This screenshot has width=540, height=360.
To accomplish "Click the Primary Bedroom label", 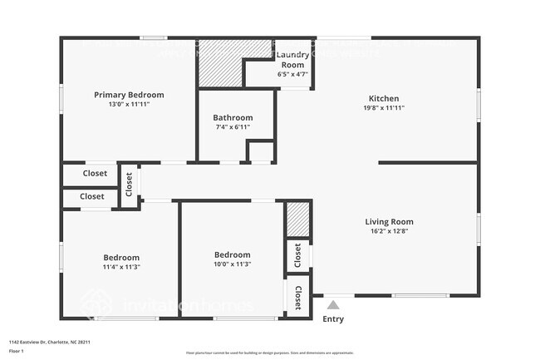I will point(129,95).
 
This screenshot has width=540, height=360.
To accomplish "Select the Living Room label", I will point(389,222).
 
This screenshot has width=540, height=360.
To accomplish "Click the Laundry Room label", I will point(292,60).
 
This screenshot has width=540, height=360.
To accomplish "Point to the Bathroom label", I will point(233,117).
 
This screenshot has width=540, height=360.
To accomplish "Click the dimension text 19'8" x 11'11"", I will point(384,108).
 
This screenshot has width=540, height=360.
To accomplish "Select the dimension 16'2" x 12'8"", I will point(389,231).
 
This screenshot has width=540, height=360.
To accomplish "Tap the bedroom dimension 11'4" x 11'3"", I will point(121,267).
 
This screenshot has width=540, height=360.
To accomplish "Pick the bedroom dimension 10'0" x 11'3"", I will point(233,264).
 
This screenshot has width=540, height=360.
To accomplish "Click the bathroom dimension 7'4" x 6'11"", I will point(233,127).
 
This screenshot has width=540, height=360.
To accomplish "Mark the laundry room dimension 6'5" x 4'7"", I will point(292,74).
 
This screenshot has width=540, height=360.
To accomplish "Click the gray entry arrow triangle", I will point(333,305).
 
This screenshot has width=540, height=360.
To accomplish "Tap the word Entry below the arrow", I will point(333,319).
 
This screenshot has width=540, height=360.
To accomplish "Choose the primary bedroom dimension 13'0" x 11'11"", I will point(129,105).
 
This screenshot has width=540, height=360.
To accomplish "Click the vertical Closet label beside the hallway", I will point(129,184).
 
